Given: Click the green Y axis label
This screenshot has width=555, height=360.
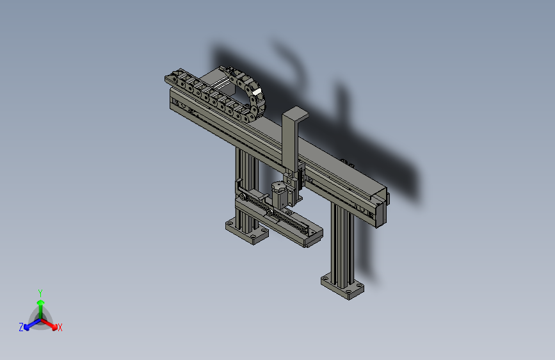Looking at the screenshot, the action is [x=40, y=293].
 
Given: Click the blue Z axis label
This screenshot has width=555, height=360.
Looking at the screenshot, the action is [x=21, y=327].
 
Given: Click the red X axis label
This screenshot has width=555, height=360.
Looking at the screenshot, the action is [x=60, y=328].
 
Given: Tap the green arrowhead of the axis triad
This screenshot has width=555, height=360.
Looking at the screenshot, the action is [x=41, y=303].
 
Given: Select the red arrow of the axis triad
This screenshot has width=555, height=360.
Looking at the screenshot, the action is [x=49, y=324].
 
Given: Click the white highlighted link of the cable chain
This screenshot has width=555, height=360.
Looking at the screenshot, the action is [x=256, y=92].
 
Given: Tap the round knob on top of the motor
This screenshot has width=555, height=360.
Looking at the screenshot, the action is [x=278, y=186].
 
